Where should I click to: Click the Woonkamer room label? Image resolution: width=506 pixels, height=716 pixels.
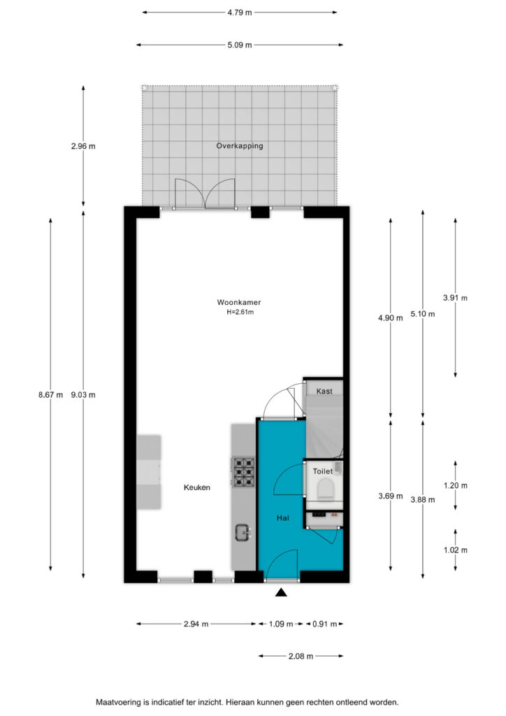pos(238,302)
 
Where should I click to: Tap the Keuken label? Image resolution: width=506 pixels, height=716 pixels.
pos(197,487)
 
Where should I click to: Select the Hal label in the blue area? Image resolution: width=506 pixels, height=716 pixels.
pos(283,518)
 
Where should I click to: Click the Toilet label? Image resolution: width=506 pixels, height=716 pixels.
pos(323,471)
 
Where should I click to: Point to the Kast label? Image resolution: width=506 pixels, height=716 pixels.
pos(324,392)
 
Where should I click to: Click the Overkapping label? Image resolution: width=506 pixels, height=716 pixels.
pos(240,146)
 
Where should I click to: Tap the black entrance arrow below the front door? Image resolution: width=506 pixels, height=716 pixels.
pos(281,592)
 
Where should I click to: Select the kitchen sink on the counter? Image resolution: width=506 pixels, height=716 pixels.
pos(243,532)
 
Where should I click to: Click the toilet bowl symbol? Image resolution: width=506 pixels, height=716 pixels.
pos(325,488)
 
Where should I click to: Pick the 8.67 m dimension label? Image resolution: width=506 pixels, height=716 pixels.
pos(50,395)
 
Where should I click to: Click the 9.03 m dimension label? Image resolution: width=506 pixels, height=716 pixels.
pos(83,395)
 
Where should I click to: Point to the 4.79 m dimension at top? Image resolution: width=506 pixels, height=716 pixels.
pos(240,13)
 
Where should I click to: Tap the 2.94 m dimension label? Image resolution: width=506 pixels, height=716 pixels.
pos(196,624)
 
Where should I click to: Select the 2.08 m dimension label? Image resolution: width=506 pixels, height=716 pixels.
pos(301,656)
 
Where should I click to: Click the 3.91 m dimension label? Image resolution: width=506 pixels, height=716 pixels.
pos(456,298)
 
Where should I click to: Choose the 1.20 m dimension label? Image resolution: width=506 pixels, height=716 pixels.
pos(456,486)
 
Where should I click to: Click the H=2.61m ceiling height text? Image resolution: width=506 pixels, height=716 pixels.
pos(240,313)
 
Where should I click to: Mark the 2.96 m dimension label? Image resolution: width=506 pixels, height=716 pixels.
pos(83,147)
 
